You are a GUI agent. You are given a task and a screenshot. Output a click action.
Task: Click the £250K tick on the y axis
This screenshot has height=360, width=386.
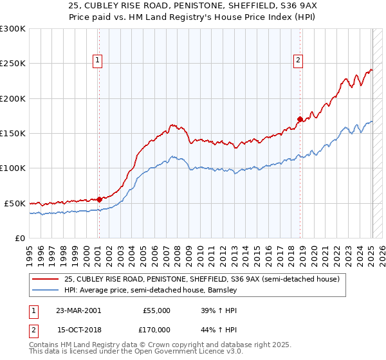13,64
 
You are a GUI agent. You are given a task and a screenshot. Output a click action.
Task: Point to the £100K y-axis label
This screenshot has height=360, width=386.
13,168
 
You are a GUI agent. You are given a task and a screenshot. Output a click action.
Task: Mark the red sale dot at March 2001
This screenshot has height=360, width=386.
100,199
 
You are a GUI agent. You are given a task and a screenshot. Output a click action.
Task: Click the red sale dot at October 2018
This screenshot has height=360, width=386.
300,119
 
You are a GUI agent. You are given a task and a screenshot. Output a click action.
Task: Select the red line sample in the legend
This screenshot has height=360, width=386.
46,279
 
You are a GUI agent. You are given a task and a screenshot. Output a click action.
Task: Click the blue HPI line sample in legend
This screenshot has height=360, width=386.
46,290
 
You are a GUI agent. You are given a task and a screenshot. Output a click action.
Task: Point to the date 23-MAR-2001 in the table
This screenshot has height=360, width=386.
78,310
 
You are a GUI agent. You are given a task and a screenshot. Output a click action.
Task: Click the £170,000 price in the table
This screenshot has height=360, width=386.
156,330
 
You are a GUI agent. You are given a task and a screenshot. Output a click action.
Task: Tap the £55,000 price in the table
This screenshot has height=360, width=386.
156,310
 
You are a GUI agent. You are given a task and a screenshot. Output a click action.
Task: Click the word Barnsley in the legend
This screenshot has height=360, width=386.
223,290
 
